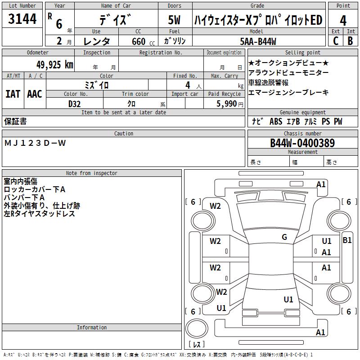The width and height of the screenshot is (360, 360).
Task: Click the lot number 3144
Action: (22, 18)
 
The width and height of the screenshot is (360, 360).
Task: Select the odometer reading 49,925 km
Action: (55, 65)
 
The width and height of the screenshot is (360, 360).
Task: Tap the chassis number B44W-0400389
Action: (302, 143)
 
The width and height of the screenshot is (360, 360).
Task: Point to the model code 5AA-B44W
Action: (258, 41)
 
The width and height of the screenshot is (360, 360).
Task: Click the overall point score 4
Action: (343, 21)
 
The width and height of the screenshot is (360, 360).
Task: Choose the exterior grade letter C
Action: (336, 41)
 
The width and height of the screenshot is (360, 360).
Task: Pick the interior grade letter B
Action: (350, 41)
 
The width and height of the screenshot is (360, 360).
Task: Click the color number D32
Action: (74, 104)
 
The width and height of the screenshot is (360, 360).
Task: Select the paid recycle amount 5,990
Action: (226, 104)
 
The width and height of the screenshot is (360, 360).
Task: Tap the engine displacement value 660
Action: (139, 41)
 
